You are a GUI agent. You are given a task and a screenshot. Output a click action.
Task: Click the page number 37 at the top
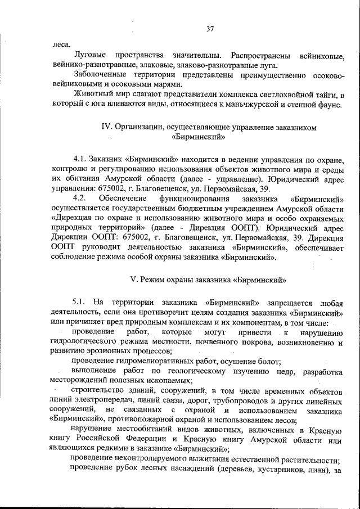point(210,29)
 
